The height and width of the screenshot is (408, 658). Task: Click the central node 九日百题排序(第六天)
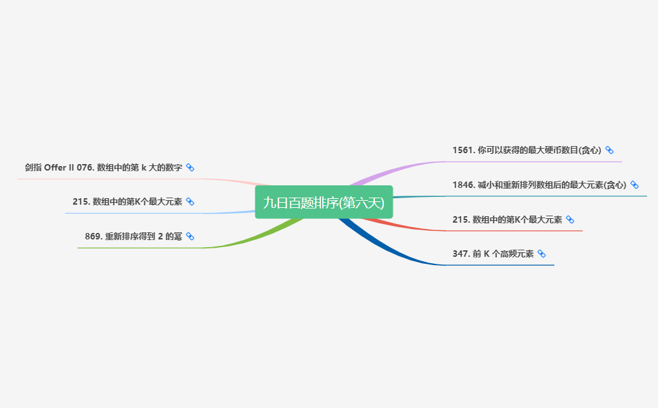point(324,202)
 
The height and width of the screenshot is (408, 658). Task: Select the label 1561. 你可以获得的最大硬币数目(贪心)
point(526,150)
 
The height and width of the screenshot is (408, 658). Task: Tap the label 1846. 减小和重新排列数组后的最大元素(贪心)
point(539,185)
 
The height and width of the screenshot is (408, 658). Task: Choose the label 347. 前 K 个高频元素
point(493,254)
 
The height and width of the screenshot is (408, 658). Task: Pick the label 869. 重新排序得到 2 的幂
point(133,236)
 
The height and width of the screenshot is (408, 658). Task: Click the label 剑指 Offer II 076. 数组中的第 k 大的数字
point(104,167)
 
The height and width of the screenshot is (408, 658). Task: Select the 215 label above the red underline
point(507,219)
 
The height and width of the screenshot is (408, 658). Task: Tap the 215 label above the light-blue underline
point(127,201)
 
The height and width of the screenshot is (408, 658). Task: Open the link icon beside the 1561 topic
point(609,150)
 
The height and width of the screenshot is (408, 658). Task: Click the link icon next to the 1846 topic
point(634,185)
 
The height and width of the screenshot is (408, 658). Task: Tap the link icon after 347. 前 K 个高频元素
point(542,254)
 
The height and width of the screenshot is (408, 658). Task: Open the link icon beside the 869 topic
point(190,236)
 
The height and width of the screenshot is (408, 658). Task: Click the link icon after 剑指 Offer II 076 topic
point(190,167)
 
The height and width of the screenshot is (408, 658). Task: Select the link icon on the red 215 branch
point(570,219)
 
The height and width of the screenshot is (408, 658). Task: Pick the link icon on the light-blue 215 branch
point(190,201)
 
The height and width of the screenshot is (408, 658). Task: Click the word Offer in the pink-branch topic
point(55,167)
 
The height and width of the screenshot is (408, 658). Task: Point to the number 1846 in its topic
point(463,185)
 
